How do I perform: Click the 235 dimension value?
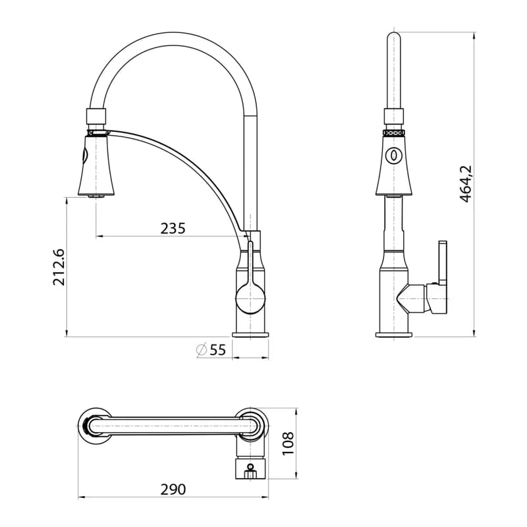tap(173, 229)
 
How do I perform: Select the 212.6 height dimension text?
tap(59, 267)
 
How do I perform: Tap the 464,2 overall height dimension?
tap(466, 184)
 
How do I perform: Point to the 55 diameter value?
tap(217, 350)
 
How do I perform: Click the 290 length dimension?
tap(173, 489)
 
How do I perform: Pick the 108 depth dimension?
tap(288, 444)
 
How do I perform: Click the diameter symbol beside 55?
tap(202, 350)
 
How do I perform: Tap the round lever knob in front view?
tap(250, 298)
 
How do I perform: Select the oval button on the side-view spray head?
tap(394, 155)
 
